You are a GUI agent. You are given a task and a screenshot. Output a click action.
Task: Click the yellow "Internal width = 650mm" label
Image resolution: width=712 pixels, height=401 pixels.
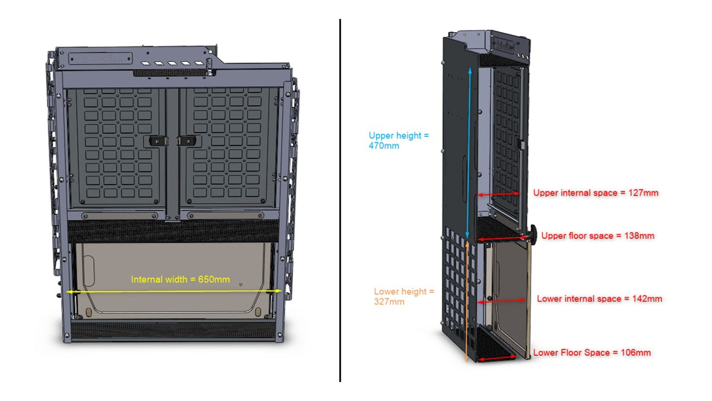(x=180, y=279)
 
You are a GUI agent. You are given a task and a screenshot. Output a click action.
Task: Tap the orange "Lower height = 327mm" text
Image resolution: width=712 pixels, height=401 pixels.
(x=403, y=296)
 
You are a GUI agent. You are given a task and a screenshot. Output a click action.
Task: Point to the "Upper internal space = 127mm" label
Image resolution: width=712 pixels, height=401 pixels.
(x=595, y=193)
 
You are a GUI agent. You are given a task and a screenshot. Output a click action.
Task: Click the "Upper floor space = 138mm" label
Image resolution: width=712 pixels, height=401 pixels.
(x=597, y=236)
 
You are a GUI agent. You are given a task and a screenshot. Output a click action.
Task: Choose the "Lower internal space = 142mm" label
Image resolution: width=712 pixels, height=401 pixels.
(x=599, y=299)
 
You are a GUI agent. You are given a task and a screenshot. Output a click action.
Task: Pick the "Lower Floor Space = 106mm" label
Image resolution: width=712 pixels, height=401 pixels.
(x=592, y=353)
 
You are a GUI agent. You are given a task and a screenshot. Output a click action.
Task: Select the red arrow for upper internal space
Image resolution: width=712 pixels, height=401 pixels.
(x=498, y=194)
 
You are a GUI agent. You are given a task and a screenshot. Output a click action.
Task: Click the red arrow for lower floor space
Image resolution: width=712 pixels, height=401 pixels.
(x=495, y=358)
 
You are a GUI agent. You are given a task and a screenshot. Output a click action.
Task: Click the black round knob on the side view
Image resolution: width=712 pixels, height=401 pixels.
(x=534, y=235)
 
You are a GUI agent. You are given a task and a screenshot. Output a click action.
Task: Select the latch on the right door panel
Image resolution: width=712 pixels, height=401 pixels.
(x=186, y=141)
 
